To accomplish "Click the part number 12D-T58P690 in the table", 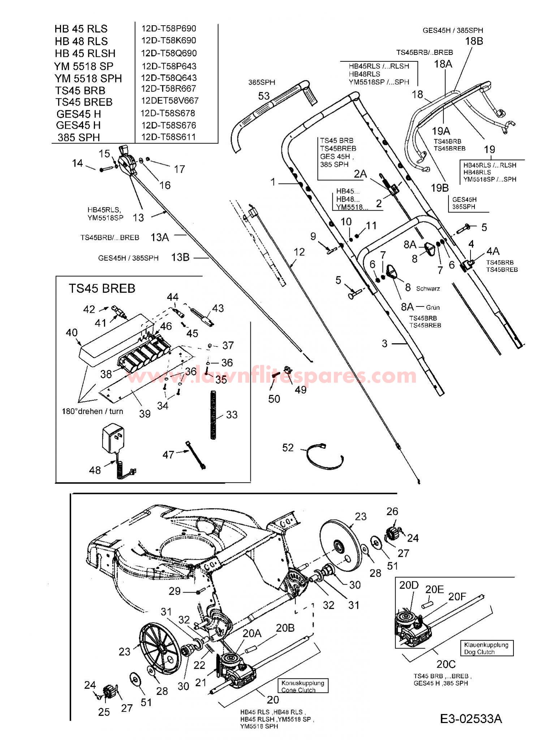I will (x=168, y=29).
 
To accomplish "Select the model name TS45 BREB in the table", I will (x=84, y=102).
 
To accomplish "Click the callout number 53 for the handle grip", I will (x=264, y=96).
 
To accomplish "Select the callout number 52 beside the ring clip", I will (x=288, y=448).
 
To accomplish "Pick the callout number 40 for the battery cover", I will (x=72, y=332).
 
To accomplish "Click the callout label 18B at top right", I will (x=474, y=41).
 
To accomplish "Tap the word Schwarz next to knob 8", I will (x=428, y=289).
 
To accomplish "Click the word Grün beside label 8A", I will (x=433, y=307).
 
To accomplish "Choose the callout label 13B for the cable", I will (x=180, y=257).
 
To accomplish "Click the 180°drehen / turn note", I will (x=92, y=411).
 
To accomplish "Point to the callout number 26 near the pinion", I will (x=392, y=511).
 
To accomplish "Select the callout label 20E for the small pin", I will (x=434, y=590).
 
